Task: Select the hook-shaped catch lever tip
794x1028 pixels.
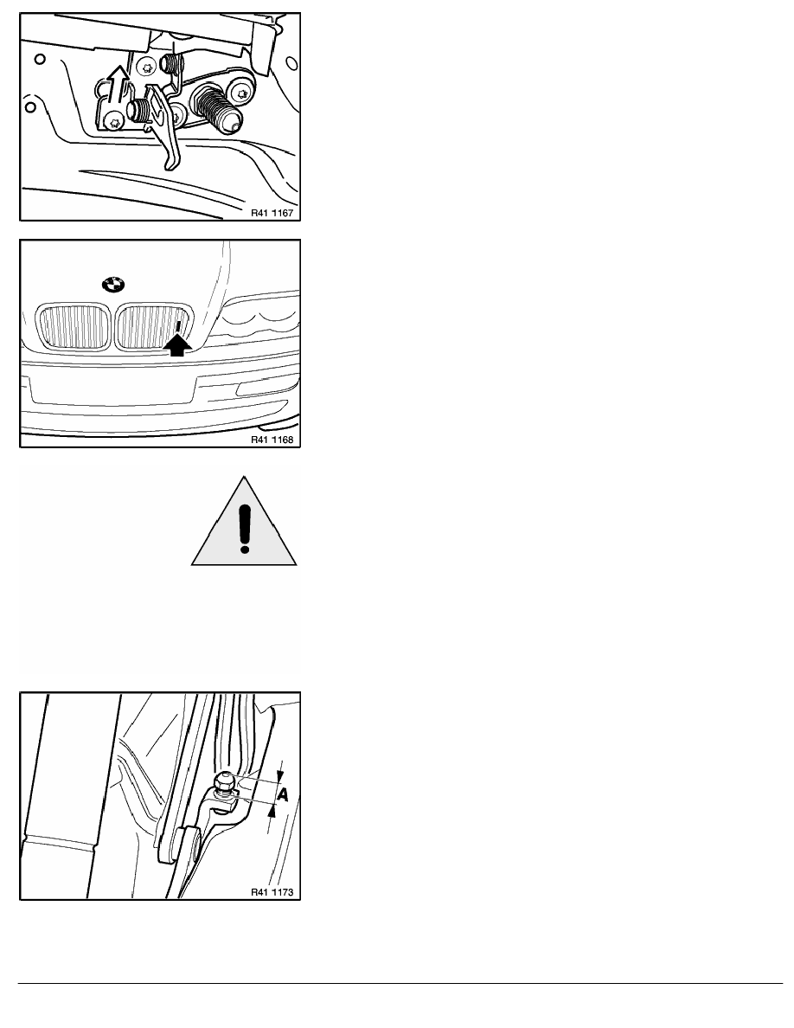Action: tap(172, 157)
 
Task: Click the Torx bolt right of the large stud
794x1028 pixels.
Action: tap(244, 93)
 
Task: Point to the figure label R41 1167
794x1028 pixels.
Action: tap(272, 213)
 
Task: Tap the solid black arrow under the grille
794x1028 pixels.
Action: tap(177, 345)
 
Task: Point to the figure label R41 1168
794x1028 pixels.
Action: tap(272, 440)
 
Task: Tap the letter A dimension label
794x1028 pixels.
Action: tap(283, 794)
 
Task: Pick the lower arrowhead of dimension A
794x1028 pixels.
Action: tap(273, 811)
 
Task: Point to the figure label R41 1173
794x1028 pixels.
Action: tap(272, 892)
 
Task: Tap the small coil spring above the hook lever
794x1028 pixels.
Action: tap(170, 66)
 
